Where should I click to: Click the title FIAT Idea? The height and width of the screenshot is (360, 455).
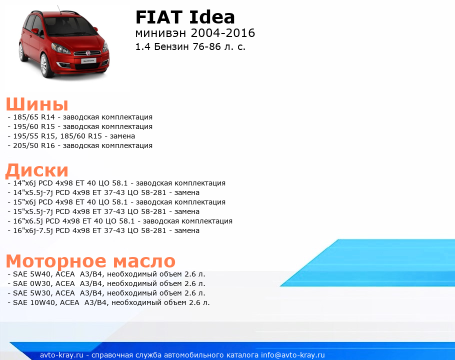pyautogui.click(x=185, y=17)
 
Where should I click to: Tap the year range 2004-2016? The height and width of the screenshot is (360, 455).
pyautogui.click(x=223, y=33)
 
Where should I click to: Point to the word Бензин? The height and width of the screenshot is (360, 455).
pyautogui.click(x=171, y=46)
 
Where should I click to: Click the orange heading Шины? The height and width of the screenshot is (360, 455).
pyautogui.click(x=37, y=104)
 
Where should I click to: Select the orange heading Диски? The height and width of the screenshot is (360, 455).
pyautogui.click(x=37, y=170)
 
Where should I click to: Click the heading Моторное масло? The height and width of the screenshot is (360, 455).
pyautogui.click(x=90, y=261)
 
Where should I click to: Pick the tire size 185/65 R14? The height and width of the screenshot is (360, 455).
pyautogui.click(x=34, y=117)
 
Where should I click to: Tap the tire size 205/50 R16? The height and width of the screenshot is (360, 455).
pyautogui.click(x=34, y=145)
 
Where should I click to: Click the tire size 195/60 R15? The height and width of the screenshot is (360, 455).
pyautogui.click(x=34, y=127)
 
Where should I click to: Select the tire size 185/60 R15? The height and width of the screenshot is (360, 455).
pyautogui.click(x=81, y=136)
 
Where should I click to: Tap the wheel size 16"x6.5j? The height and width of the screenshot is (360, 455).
pyautogui.click(x=28, y=221)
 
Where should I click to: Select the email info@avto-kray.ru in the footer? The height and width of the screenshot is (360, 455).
pyautogui.click(x=293, y=355)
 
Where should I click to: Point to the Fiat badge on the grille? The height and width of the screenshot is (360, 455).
pyautogui.click(x=87, y=53)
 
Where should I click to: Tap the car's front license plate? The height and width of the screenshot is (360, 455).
pyautogui.click(x=89, y=61)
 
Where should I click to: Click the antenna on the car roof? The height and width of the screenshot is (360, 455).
pyautogui.click(x=59, y=10)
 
